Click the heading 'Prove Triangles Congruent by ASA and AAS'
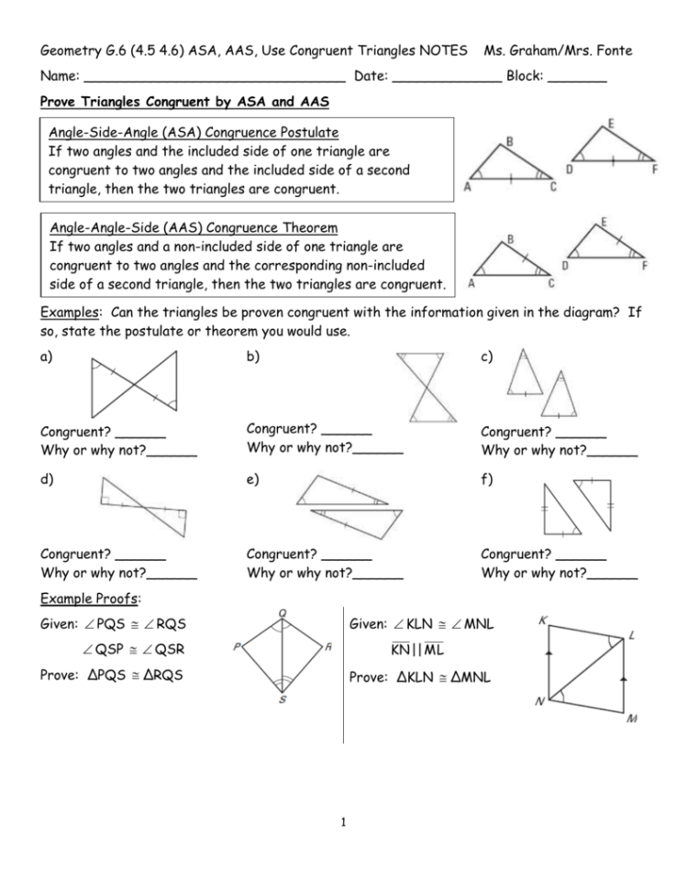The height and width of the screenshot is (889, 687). click(x=185, y=101)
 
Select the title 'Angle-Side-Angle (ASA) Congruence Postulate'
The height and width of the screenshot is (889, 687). click(x=194, y=132)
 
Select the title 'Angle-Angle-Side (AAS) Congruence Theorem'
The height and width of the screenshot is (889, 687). click(x=193, y=227)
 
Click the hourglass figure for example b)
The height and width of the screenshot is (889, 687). click(x=424, y=387)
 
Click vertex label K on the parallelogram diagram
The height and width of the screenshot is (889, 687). click(x=542, y=620)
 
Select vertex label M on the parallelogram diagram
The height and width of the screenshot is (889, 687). click(x=631, y=719)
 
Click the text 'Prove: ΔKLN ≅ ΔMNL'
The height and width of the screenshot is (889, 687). click(x=420, y=678)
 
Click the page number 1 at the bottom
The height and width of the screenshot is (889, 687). click(x=343, y=821)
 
